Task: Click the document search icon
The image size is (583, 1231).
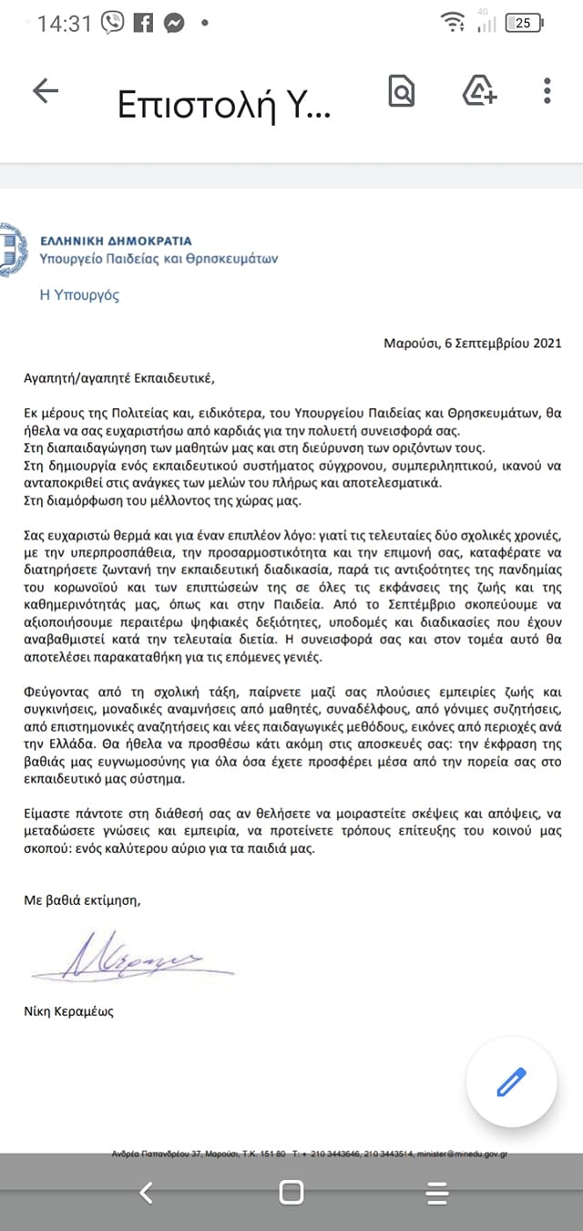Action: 401,90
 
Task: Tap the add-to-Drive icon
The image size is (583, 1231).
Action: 479,90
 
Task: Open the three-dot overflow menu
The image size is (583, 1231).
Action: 547,90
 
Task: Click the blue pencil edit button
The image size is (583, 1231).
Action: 511,1082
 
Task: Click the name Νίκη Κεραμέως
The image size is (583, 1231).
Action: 69,1011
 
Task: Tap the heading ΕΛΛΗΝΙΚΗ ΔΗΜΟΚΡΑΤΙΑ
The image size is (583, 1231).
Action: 116,241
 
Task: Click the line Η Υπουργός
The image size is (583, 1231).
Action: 79,295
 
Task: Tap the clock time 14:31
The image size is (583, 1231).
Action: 65,24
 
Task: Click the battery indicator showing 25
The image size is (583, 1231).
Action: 524,24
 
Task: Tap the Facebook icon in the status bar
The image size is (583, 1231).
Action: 142,24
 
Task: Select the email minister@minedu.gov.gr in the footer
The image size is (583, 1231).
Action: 462,1154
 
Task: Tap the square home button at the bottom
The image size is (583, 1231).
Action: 291,1192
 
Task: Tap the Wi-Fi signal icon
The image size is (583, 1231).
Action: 451,23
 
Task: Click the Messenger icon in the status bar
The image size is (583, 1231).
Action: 173,24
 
